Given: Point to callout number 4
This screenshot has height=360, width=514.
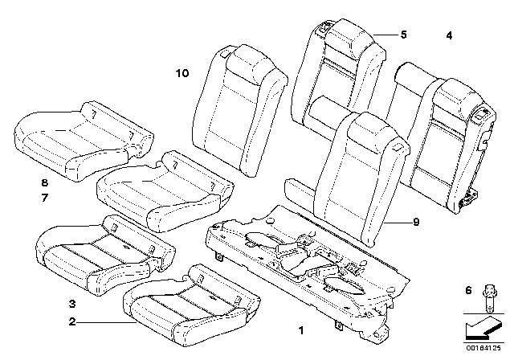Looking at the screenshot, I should point(449,35).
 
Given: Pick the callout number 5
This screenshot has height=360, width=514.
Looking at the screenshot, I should point(404,34).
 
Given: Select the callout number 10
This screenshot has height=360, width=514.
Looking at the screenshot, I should point(182,73).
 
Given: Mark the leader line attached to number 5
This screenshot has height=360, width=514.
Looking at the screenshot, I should point(388,34).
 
